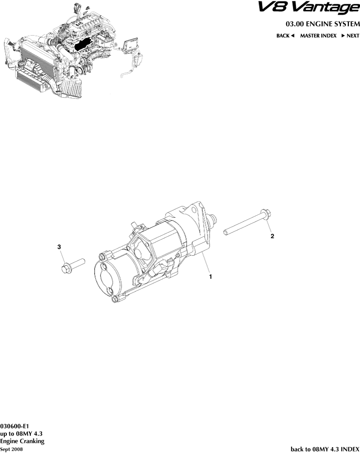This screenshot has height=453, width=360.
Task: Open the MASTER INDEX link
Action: tap(318, 36)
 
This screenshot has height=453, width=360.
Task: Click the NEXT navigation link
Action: tap(350, 36)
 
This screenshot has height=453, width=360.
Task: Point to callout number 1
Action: tap(211, 276)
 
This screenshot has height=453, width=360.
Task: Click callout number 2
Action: tap(273, 236)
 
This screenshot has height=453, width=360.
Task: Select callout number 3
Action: tap(59, 247)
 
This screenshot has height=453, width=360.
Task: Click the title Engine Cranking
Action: tap(22, 441)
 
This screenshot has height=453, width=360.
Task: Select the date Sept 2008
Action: tap(11, 448)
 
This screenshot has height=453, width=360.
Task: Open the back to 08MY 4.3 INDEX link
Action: tap(325, 448)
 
